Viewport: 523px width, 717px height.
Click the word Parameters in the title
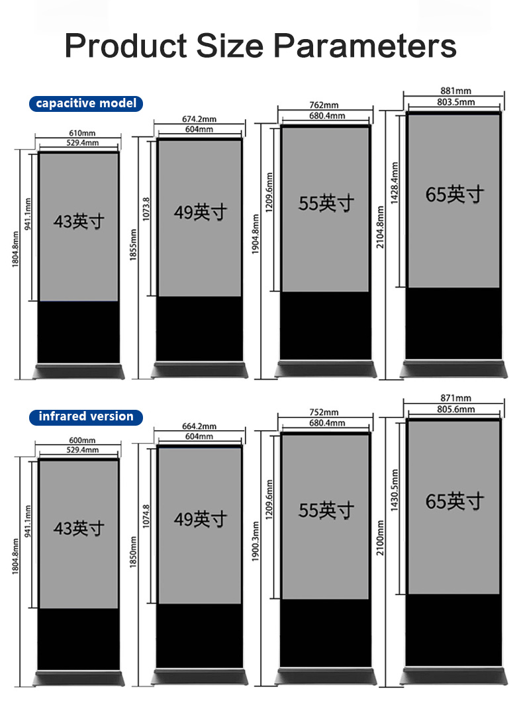365,46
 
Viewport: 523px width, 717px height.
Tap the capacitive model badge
86,103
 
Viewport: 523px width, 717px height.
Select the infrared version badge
86,416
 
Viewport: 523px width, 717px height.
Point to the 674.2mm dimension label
199,119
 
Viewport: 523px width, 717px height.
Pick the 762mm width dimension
324,105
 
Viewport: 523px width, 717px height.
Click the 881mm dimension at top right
455,91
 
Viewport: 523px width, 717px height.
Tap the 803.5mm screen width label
456,102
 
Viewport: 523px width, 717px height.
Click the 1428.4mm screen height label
395,183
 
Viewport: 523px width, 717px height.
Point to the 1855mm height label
134,245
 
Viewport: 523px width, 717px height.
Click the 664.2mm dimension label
199,426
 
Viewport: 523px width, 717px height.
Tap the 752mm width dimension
324,413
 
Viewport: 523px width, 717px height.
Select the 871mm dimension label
455,398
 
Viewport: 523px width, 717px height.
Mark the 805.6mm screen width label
456,409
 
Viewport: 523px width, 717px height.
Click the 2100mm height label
381,538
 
